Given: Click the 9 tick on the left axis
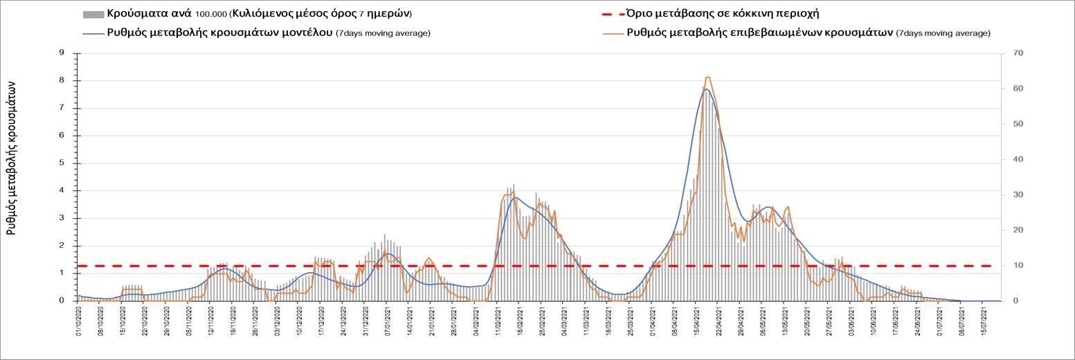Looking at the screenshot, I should [x=61, y=53].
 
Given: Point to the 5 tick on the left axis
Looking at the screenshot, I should [x=61, y=163].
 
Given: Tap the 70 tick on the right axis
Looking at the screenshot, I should [x=1018, y=53].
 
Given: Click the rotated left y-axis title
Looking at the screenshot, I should [x=12, y=157].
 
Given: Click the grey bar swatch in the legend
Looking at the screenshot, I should [x=93, y=14].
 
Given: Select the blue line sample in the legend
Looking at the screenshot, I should [x=93, y=33].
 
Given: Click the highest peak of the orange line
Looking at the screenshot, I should [x=707, y=77].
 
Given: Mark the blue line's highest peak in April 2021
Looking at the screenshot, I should [x=705, y=89].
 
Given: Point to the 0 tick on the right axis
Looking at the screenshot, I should [x=1015, y=301].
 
